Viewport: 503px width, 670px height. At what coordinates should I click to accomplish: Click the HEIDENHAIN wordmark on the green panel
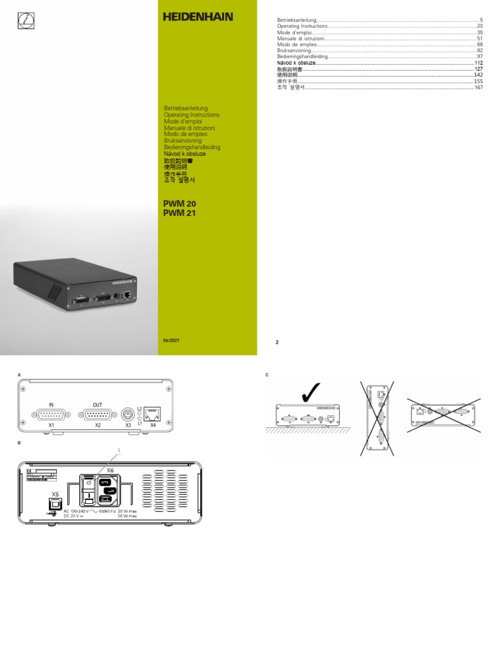(x=198, y=18)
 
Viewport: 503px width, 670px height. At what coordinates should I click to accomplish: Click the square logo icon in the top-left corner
(x=24, y=22)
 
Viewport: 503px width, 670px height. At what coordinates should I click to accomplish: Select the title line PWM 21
(x=179, y=213)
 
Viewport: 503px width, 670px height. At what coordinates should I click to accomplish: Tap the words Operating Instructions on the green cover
(x=191, y=115)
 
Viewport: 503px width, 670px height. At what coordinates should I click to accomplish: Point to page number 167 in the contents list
(x=478, y=87)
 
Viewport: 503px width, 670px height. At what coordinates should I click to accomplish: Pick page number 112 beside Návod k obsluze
(x=478, y=62)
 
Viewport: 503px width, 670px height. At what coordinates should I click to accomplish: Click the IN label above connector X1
(x=51, y=404)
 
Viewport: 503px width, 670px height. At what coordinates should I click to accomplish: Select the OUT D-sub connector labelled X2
(x=98, y=414)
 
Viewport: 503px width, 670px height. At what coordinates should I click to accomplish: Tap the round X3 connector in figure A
(x=128, y=414)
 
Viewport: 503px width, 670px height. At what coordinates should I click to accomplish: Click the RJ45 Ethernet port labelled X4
(x=154, y=414)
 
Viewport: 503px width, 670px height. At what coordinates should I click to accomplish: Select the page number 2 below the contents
(x=277, y=342)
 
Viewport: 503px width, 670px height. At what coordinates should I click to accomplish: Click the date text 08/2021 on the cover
(x=170, y=342)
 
